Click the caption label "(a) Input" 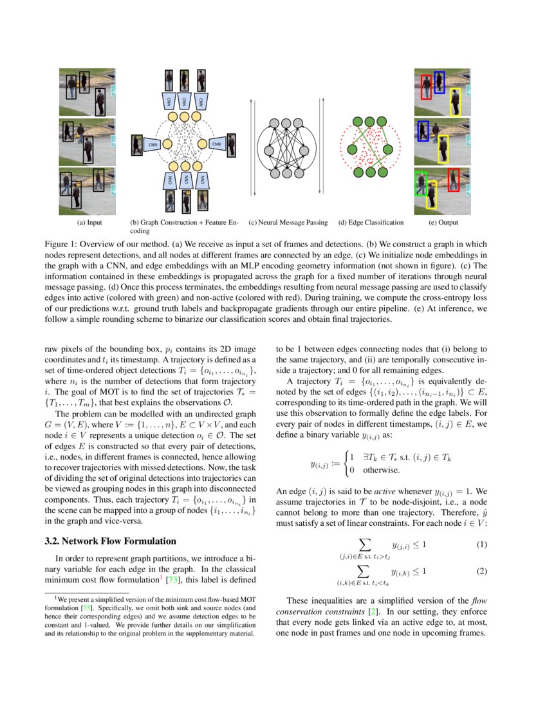coord(89,223)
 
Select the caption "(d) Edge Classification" coord(371,223)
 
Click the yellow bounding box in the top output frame coord(454,100)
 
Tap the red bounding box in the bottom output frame coord(454,180)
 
